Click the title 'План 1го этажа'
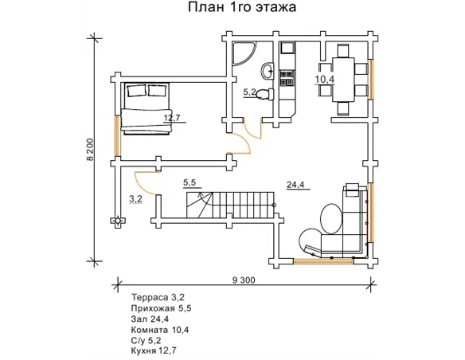pyautogui.click(x=242, y=7)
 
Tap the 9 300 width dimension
pyautogui.click(x=244, y=280)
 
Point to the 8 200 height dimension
pyautogui.click(x=90, y=150)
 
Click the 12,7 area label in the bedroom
pyautogui.click(x=172, y=118)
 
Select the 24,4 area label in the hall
pyautogui.click(x=295, y=185)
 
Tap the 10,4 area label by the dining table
pyautogui.click(x=324, y=79)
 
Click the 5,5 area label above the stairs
pyautogui.click(x=190, y=182)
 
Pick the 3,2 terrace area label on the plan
pyautogui.click(x=136, y=199)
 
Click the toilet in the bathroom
pyautogui.click(x=264, y=94)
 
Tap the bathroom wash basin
pyautogui.click(x=268, y=71)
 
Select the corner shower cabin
pyautogui.click(x=244, y=53)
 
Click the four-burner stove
pyautogui.click(x=287, y=78)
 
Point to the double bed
pyautogui.click(x=146, y=109)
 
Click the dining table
pyautogui.click(x=343, y=80)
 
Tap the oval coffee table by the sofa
pyautogui.click(x=331, y=218)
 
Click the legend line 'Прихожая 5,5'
pyautogui.click(x=162, y=308)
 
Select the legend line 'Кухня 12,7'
pyautogui.click(x=154, y=350)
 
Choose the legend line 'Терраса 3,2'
pyautogui.click(x=158, y=297)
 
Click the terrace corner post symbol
pyautogui.click(x=118, y=221)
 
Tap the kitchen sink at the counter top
pyautogui.click(x=287, y=48)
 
